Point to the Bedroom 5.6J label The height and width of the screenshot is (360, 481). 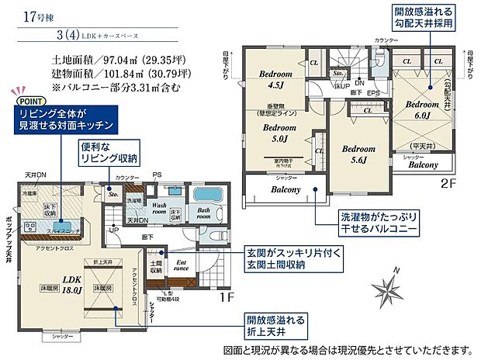(358, 154)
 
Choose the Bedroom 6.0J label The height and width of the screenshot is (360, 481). (423, 109)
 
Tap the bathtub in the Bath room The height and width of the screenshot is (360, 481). (207, 196)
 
